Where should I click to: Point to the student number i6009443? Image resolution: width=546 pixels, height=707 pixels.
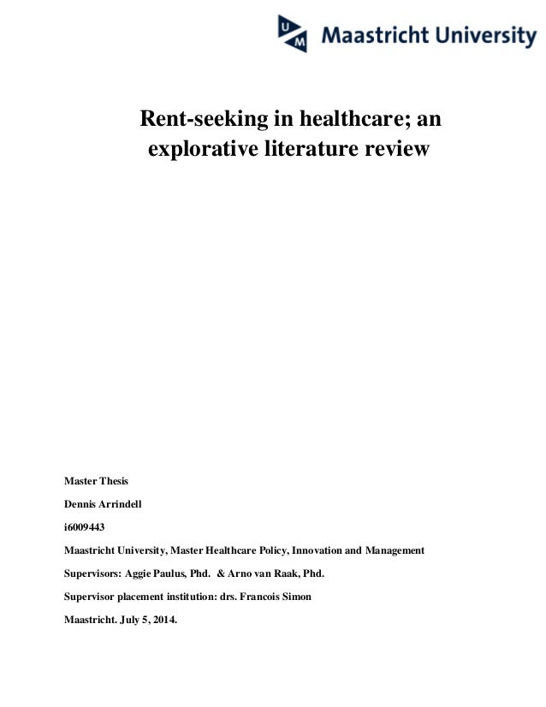point(85,526)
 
